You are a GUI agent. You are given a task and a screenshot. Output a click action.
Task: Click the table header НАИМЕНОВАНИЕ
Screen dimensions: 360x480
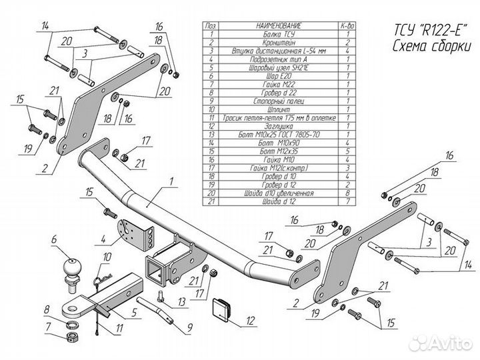(278, 25)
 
